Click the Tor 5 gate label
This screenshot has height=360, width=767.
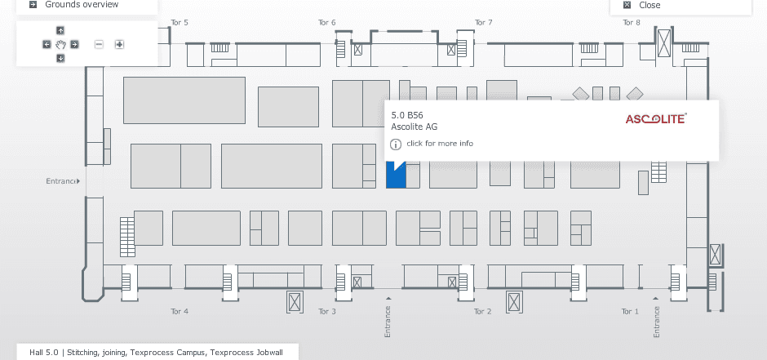[180, 23]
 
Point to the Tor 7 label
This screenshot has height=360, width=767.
[484, 23]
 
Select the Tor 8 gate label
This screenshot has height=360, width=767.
[632, 23]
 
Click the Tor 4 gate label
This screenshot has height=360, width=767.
[180, 312]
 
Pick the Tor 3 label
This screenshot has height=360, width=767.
[326, 312]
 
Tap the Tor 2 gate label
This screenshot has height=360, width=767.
[483, 312]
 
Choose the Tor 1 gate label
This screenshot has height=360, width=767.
[630, 312]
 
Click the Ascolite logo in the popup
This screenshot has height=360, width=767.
[656, 119]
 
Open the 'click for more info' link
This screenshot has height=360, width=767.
[440, 144]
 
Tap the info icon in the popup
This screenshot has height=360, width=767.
[396, 144]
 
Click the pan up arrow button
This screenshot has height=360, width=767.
[60, 31]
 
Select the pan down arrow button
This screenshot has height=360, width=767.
[60, 58]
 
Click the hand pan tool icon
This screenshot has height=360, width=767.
[60, 44]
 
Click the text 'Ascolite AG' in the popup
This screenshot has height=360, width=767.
[415, 127]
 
